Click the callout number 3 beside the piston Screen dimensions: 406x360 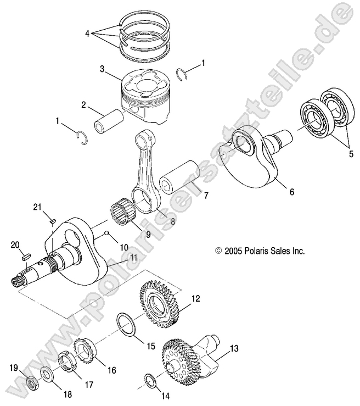point(102,69)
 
